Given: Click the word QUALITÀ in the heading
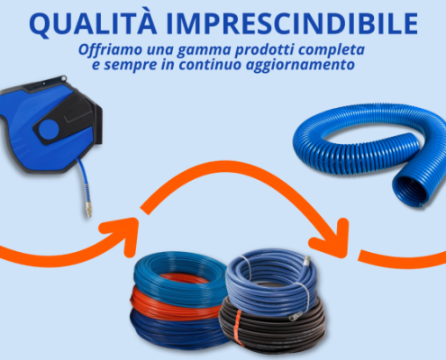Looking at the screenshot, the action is [x=93, y=23].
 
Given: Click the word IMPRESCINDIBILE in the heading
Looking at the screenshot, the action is [x=292, y=23].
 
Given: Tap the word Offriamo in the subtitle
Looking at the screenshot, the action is [x=110, y=49].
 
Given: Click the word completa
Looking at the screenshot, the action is [x=332, y=50].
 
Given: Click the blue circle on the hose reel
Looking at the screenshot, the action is [x=49, y=130].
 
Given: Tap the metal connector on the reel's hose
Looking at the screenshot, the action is [x=88, y=209].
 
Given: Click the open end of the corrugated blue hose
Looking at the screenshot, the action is [x=409, y=191].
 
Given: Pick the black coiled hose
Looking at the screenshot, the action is [x=272, y=326].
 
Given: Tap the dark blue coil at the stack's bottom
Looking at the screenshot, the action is [x=177, y=328].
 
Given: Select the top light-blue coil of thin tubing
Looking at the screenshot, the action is [x=179, y=277].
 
